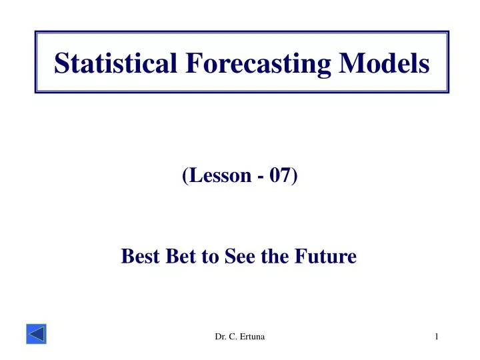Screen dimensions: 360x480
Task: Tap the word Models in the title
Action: (x=384, y=63)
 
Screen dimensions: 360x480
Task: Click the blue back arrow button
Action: (x=36, y=335)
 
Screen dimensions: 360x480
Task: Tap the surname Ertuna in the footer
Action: (x=251, y=338)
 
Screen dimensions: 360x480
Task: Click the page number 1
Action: (x=437, y=338)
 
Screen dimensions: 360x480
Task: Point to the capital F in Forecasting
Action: (x=192, y=63)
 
